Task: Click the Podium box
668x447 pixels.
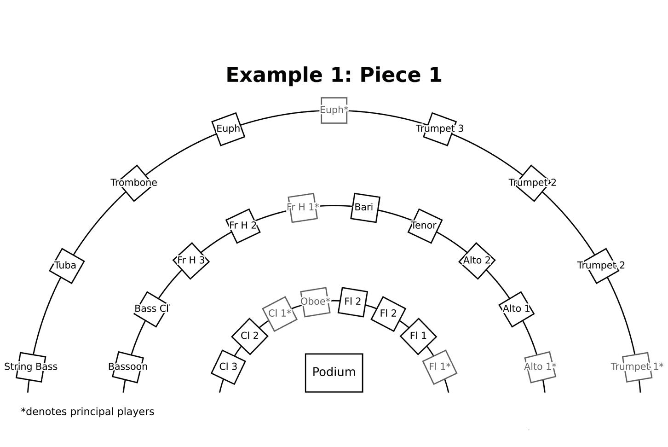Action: (x=334, y=372)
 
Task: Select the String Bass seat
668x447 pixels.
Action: (x=31, y=367)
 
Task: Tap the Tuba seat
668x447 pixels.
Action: (x=67, y=266)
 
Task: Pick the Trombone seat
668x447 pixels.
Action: (x=134, y=183)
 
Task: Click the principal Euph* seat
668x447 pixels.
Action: (x=334, y=110)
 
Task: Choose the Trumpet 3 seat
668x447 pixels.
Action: (x=440, y=129)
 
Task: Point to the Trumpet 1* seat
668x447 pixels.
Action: (x=637, y=367)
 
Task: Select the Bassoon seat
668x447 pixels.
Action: (x=128, y=367)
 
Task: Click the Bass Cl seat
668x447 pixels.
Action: (x=152, y=309)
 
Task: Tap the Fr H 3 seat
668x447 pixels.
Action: (x=191, y=261)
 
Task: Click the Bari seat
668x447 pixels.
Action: (x=364, y=208)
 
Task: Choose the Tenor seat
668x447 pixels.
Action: (x=424, y=226)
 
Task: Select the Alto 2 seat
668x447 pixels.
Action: (x=477, y=261)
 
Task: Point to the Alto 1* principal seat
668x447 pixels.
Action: (x=540, y=367)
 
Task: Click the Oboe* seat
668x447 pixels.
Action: (x=315, y=302)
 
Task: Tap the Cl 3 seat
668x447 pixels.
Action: (x=228, y=367)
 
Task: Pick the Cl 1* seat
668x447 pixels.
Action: (x=280, y=313)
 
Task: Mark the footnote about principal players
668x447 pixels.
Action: (x=87, y=412)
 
